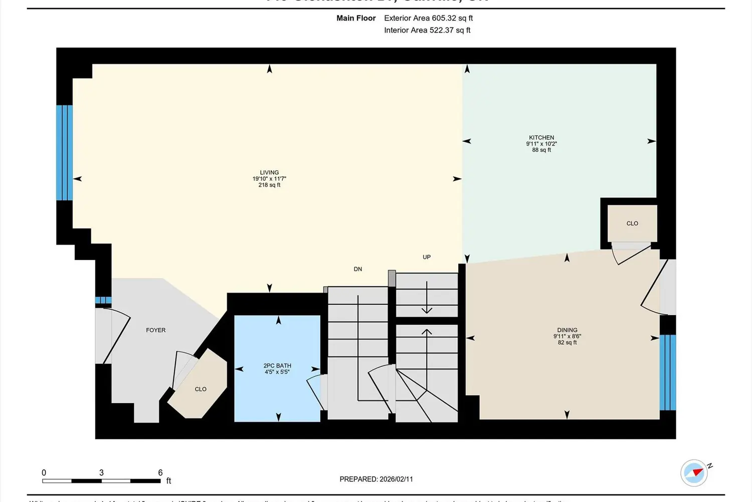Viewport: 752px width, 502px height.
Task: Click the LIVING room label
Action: [269, 172]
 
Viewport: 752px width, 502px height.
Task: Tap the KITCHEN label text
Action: [541, 138]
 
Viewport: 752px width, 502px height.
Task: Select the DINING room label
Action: [567, 330]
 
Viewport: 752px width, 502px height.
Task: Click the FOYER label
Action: [155, 330]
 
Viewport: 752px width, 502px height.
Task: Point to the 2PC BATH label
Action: [277, 366]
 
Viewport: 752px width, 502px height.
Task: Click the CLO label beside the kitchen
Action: [632, 223]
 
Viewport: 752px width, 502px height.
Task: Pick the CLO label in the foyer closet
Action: [201, 389]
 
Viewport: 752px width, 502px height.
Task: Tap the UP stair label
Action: [427, 257]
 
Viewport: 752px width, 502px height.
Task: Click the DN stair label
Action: [358, 269]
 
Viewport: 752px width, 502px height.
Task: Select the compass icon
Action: [694, 473]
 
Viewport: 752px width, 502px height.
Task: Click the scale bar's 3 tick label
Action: [101, 473]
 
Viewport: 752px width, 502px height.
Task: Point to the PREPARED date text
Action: [376, 479]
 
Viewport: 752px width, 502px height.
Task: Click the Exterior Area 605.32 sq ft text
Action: [428, 18]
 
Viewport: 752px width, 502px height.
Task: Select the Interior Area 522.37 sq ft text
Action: [427, 30]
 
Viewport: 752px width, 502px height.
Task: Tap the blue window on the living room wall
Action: [65, 153]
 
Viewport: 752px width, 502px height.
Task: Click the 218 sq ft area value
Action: [269, 185]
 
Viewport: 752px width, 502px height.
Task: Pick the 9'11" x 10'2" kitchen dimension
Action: [541, 144]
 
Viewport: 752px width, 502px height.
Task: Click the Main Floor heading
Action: [356, 18]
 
